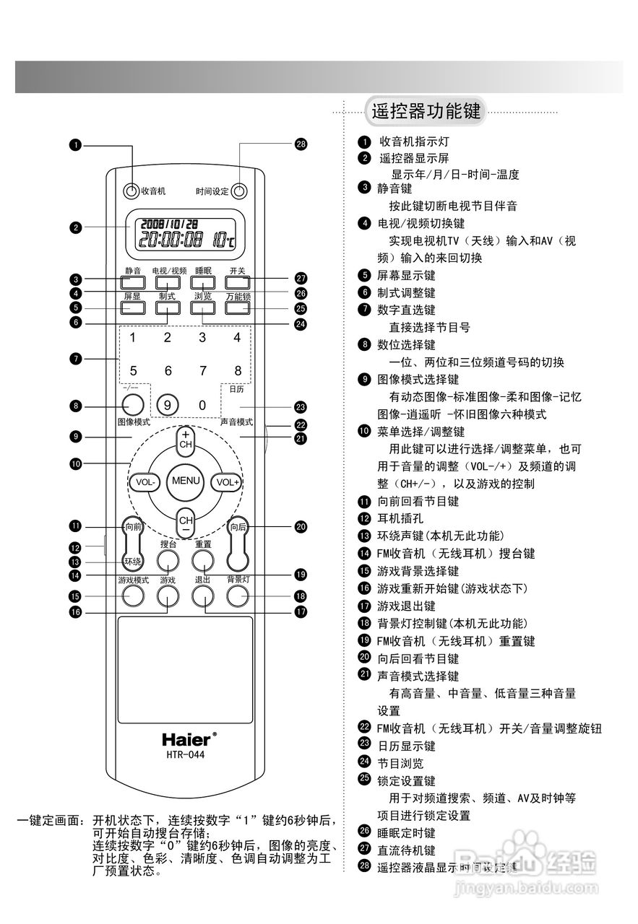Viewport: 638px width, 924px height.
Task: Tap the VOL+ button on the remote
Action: tap(225, 481)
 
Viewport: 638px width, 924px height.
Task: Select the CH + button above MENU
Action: tap(186, 441)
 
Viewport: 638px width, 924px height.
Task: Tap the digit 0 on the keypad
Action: tap(202, 405)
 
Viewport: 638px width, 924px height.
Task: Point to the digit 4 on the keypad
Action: tap(236, 337)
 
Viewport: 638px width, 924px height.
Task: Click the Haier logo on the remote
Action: tap(186, 739)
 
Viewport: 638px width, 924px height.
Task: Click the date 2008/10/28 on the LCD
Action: tap(169, 224)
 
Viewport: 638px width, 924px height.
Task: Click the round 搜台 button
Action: tap(168, 560)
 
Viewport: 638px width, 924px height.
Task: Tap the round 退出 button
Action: tap(203, 595)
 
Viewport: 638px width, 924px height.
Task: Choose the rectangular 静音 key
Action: tap(132, 282)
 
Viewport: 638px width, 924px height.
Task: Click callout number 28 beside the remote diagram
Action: tap(301, 144)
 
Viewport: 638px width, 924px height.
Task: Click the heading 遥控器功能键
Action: tap(425, 112)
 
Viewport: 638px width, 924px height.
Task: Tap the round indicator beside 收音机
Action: tap(131, 191)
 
